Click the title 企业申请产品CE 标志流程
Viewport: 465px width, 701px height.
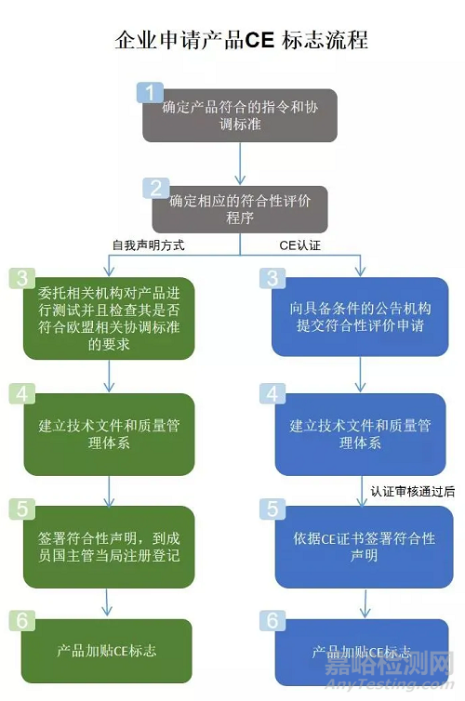240,41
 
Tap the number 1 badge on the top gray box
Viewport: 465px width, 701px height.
149,92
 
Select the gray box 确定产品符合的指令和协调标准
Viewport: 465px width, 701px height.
239,115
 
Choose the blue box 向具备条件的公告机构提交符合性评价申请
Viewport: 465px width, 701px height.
358,319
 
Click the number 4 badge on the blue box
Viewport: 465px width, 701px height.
271,393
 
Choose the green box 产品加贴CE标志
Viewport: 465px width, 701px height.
110,651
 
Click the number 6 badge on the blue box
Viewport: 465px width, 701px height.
271,619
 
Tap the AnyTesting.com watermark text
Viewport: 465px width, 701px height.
407,686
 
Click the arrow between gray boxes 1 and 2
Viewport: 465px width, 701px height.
240,162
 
